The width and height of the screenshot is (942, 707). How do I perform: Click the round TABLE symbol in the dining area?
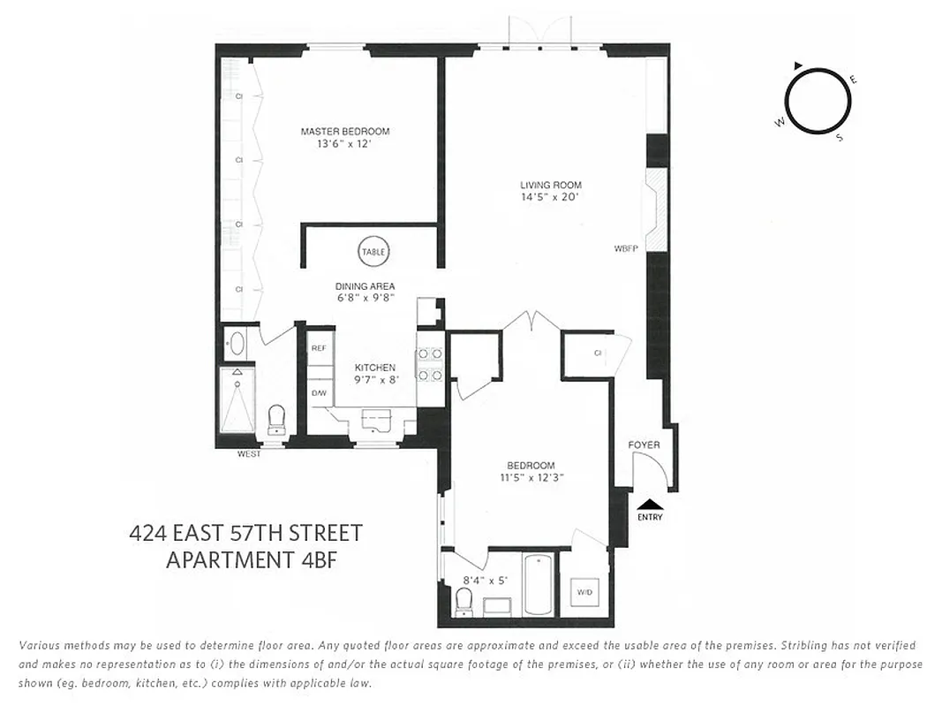point(373,252)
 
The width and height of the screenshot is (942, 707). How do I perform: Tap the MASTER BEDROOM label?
point(344,132)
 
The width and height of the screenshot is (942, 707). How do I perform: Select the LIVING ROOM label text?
point(551,186)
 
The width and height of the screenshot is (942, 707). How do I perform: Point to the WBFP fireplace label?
point(626,248)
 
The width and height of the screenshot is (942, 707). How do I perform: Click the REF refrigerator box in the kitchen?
point(319,348)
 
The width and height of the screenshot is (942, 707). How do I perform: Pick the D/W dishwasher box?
point(319,393)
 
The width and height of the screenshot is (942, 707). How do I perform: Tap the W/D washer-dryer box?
point(584,591)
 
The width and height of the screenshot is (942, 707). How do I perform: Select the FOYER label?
point(644,445)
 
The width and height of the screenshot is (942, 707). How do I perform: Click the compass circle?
point(818,101)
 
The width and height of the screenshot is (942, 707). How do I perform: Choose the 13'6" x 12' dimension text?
point(344,143)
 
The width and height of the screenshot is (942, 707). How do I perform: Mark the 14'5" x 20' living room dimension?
point(551,197)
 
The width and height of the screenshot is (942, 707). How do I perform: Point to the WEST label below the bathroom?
point(250,454)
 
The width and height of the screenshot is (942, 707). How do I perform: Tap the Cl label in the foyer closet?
point(598,353)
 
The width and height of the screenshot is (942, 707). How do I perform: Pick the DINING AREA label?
point(365,286)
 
